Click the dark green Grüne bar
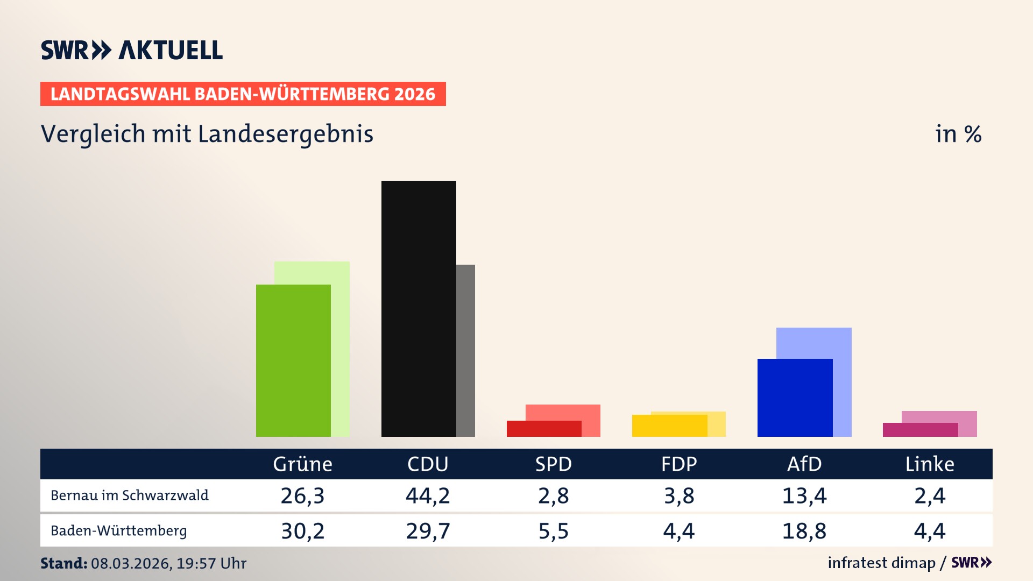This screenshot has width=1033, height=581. pyautogui.click(x=293, y=360)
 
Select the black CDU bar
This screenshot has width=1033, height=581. pyautogui.click(x=419, y=309)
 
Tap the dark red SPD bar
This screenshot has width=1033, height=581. pyautogui.click(x=544, y=429)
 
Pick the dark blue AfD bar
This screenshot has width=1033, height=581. pyautogui.click(x=795, y=398)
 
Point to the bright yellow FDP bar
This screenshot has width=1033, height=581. pyautogui.click(x=669, y=426)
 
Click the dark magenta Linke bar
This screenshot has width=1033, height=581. pyautogui.click(x=920, y=430)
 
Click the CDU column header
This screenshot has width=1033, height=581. pyautogui.click(x=428, y=464)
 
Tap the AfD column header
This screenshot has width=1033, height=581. pyautogui.click(x=804, y=464)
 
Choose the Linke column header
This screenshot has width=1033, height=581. pyautogui.click(x=930, y=464)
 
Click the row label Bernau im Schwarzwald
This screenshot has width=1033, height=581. pyautogui.click(x=129, y=495)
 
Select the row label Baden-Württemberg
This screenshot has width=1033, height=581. pyautogui.click(x=118, y=531)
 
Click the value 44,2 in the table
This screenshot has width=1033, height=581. pyautogui.click(x=428, y=495)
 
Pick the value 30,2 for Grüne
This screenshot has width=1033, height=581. pyautogui.click(x=303, y=531)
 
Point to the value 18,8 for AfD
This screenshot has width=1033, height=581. pyautogui.click(x=804, y=531)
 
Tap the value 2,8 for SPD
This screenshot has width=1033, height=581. pyautogui.click(x=554, y=495)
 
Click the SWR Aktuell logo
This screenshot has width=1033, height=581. pyautogui.click(x=132, y=50)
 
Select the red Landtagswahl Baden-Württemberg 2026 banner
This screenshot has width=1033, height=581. pyautogui.click(x=243, y=94)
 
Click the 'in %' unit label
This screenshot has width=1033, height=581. pyautogui.click(x=958, y=134)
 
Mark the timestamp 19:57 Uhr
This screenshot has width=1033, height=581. pyautogui.click(x=211, y=563)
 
